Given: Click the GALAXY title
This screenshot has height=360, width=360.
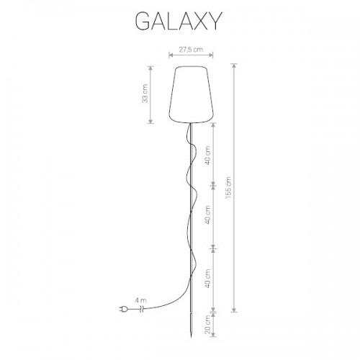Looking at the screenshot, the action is pos(179,21).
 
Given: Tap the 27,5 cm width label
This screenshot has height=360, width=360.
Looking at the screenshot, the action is pos(191,50).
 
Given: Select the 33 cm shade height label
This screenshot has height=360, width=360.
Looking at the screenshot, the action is pos(145,94).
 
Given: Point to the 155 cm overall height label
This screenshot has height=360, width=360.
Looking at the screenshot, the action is pos(228,187).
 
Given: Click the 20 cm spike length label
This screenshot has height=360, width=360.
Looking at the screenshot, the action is pos(208,324).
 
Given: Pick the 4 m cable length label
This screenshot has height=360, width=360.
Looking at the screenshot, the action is pos(141,300).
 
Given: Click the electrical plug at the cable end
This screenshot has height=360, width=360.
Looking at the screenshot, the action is pos(123,310).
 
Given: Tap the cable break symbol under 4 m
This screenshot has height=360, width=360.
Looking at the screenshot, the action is pos(142,310).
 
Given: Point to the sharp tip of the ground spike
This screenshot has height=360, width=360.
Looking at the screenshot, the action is pos(192,337).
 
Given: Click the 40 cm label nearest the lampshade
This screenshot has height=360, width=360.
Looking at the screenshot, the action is pos(208,156).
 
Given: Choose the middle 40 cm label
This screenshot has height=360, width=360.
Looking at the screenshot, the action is pos(208,215).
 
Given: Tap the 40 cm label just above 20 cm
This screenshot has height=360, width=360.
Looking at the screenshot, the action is pos(208,279).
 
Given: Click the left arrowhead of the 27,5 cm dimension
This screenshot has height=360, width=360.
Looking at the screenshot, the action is pos(171,55).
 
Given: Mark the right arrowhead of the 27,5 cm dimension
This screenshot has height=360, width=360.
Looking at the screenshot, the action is pos(211,55).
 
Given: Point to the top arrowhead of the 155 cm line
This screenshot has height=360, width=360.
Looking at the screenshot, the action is pos(234,66).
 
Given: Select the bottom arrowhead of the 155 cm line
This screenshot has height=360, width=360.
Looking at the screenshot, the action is pos(234,310).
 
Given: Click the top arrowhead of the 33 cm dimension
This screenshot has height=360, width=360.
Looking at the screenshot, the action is pos(150,68).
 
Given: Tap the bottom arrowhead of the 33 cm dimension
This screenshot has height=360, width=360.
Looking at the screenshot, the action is pos(150,122).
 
